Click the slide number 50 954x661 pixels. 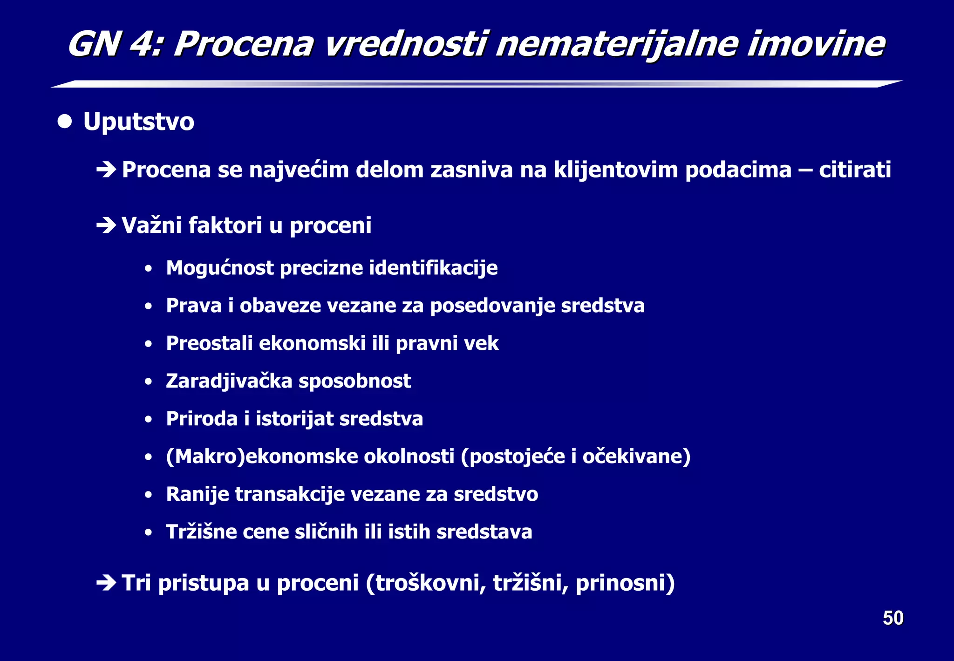[893, 618]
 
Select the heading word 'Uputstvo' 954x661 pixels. [138, 122]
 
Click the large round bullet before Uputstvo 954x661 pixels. [65, 122]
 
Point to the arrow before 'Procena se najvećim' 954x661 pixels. [106, 170]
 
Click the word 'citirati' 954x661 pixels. [855, 170]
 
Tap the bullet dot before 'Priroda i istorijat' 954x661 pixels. [148, 419]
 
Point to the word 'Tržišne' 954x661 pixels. [201, 532]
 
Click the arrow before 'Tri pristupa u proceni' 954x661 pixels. [106, 583]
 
